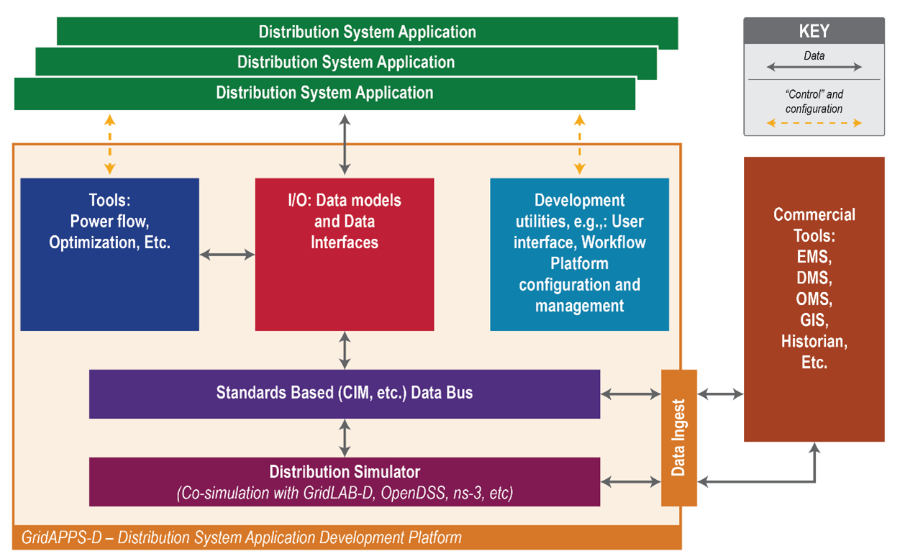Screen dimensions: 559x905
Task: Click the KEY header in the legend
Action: (x=814, y=31)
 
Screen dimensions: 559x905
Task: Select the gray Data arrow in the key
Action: (x=814, y=67)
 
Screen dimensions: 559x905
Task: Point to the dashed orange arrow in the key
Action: (x=814, y=123)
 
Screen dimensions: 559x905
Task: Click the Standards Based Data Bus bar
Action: (x=345, y=394)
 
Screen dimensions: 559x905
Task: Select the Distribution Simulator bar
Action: (x=345, y=481)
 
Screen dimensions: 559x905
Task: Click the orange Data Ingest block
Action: (x=678, y=437)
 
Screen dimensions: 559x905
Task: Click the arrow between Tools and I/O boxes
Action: (x=227, y=255)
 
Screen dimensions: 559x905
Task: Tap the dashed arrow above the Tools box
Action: (x=109, y=144)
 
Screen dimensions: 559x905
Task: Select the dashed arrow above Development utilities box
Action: (x=579, y=144)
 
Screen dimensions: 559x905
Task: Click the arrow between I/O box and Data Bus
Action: (x=345, y=350)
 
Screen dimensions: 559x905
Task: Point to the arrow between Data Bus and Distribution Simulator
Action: (x=345, y=437)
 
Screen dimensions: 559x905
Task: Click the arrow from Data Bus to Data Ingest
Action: (x=631, y=394)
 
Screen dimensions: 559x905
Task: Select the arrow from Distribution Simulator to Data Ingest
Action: (x=631, y=481)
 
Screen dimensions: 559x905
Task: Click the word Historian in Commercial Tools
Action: (x=814, y=342)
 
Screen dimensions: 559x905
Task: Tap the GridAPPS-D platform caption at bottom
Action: (x=242, y=537)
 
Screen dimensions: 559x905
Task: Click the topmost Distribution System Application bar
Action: (x=367, y=32)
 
